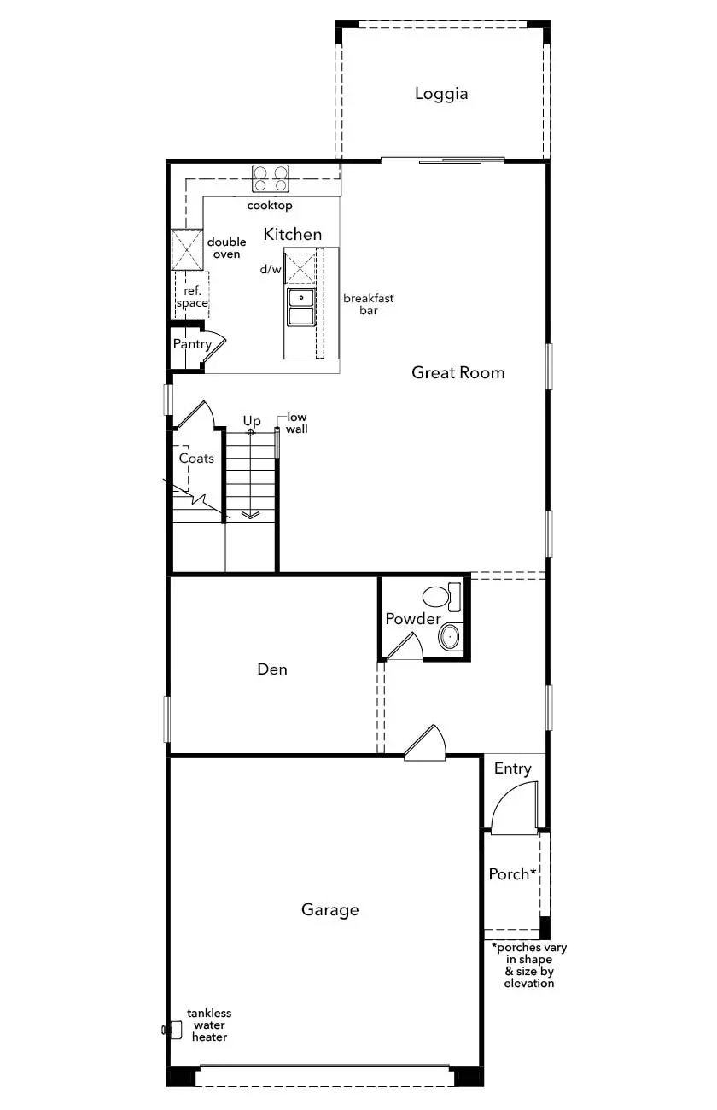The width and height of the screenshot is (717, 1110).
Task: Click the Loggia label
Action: (441, 94)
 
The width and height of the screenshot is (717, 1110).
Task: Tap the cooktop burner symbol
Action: (270, 179)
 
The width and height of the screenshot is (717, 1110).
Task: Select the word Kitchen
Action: (293, 234)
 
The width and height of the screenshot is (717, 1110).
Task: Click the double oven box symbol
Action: (187, 249)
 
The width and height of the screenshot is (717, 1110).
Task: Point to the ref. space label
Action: (192, 296)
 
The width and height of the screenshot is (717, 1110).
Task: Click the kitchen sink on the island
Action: (300, 307)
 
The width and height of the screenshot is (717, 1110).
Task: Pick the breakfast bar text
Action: (369, 304)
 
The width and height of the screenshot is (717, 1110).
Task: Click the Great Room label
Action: (458, 372)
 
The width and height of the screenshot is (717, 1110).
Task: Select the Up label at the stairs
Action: (252, 421)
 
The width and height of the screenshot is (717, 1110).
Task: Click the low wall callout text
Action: (297, 424)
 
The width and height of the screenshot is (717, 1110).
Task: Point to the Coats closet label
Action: (196, 459)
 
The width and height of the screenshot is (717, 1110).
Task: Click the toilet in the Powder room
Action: (442, 597)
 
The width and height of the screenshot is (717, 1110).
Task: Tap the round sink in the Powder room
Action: (450, 636)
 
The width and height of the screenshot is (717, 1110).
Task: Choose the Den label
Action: (272, 669)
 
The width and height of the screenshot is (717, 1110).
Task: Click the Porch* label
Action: (512, 873)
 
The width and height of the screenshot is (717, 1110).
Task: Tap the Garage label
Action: (330, 910)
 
